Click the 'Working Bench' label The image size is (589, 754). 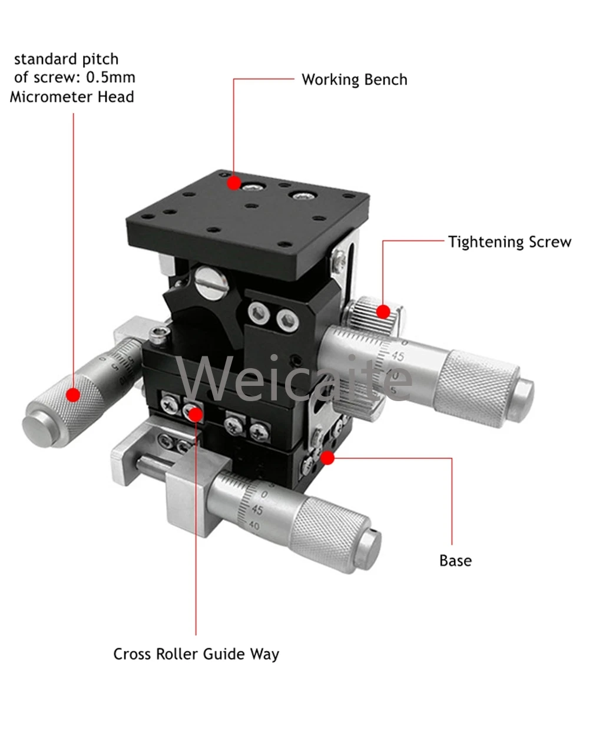point(354,80)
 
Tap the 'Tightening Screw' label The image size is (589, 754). point(509,242)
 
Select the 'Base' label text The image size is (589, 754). point(455,560)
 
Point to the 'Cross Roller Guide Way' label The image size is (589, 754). point(196,654)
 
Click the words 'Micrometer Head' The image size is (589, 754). point(72,97)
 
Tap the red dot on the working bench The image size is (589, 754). point(234,183)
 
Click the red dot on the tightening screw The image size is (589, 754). point(383,311)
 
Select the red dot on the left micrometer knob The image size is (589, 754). point(73,395)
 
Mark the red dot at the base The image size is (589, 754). point(327,457)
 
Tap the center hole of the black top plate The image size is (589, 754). point(252,207)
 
